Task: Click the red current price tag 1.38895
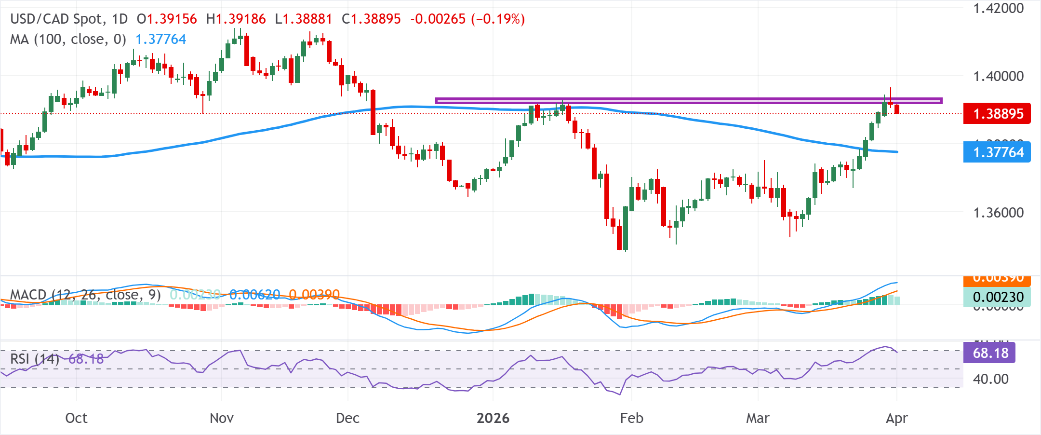[x=997, y=114]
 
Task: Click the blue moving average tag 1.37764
[x=997, y=152]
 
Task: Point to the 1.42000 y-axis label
[x=998, y=9]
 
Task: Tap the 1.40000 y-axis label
[x=998, y=76]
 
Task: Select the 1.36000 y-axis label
[x=998, y=213]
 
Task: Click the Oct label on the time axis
[x=76, y=418]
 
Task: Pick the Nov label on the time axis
[x=222, y=418]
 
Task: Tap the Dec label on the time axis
[x=347, y=418]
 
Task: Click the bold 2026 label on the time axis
[x=493, y=418]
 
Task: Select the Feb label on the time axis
[x=631, y=418]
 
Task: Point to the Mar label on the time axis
[x=758, y=418]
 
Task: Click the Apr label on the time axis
[x=896, y=418]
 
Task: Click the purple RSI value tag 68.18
[x=990, y=353]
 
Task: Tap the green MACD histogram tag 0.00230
[x=997, y=297]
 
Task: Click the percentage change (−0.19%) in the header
[x=498, y=19]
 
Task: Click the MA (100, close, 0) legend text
[x=68, y=39]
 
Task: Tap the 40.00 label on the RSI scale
[x=990, y=379]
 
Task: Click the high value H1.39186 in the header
[x=236, y=19]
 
